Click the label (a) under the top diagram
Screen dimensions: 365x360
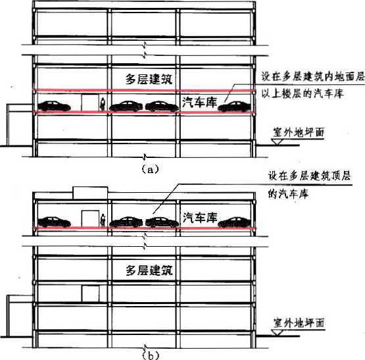pos(150,169)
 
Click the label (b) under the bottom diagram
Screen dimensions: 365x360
pos(151,355)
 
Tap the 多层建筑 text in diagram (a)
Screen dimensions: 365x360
pos(149,79)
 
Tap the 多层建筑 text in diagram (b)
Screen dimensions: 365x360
pos(149,270)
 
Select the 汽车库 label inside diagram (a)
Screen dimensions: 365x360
pos(199,102)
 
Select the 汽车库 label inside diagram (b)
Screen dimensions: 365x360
pos(200,217)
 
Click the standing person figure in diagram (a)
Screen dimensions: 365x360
pos(103,104)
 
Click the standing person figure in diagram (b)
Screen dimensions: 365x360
pos(103,220)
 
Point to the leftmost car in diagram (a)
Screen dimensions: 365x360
pos(54,106)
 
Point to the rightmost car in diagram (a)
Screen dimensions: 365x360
pos(235,107)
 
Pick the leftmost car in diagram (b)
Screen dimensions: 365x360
pos(54,222)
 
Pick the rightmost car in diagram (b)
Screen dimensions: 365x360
pos(235,222)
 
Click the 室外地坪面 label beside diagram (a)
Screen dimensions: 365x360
pos(299,132)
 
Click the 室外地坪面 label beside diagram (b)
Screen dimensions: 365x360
pos(299,323)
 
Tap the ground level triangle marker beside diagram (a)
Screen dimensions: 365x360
pos(277,142)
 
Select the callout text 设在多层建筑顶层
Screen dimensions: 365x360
pos(309,176)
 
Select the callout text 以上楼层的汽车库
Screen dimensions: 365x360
pos(302,93)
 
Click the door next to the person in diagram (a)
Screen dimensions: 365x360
pos(90,103)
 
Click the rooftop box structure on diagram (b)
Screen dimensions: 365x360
pos(90,193)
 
